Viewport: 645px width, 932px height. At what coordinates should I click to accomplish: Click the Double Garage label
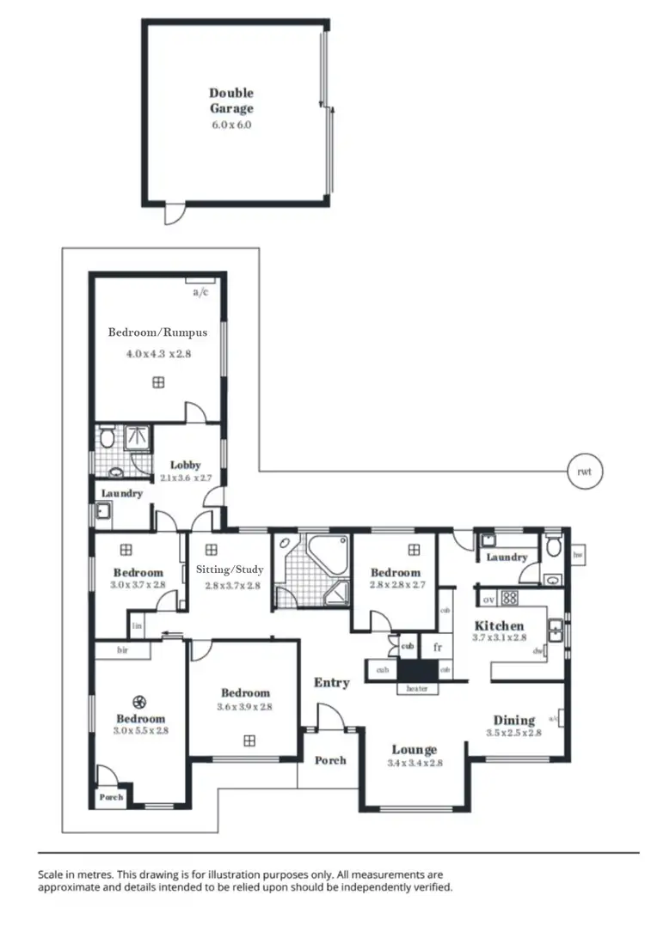tap(231, 101)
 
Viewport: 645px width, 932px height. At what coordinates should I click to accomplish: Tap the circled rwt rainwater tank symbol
tap(585, 471)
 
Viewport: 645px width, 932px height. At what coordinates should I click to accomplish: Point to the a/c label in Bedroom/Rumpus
tap(200, 292)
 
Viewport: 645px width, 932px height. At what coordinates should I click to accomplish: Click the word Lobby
tap(185, 465)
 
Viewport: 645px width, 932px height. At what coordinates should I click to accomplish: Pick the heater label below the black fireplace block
tap(417, 689)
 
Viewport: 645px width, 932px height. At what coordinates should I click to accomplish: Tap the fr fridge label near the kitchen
tap(437, 647)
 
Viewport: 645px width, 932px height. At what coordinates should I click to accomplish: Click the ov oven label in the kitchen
tap(488, 599)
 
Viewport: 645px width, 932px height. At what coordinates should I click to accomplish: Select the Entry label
tap(331, 683)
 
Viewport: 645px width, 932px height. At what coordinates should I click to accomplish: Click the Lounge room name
tap(414, 750)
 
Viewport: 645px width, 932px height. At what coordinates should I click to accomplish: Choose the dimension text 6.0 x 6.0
tap(231, 125)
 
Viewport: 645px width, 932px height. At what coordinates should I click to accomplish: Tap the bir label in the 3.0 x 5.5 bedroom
tap(123, 651)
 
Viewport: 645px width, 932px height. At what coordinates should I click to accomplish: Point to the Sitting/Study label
tap(230, 570)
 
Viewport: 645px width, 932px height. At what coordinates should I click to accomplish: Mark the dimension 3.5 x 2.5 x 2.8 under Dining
tap(513, 733)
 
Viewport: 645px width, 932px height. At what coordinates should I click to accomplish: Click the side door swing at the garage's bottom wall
tap(174, 212)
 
